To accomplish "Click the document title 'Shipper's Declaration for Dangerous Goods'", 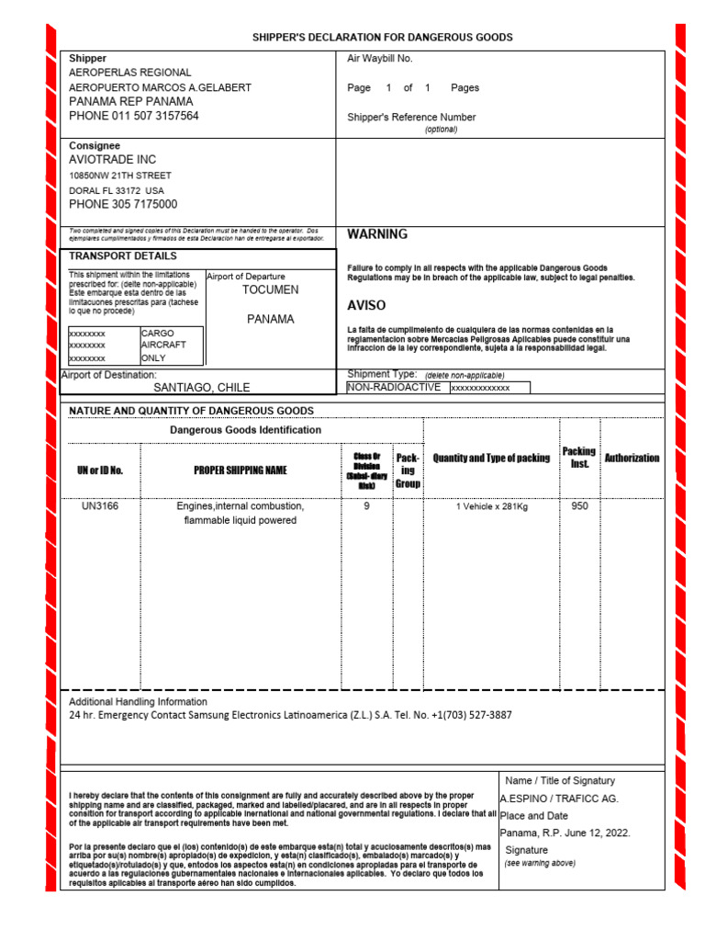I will [x=383, y=37].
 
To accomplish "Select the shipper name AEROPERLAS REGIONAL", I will [x=130, y=73].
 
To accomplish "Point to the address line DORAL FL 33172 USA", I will [x=117, y=190].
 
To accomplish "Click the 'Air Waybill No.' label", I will [x=380, y=59].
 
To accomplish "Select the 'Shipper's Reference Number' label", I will [x=411, y=118].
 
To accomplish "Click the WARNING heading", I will [x=377, y=234].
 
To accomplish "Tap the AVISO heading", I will [x=366, y=305].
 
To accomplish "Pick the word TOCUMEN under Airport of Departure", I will [x=270, y=290].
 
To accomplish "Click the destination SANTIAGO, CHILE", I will [x=202, y=388].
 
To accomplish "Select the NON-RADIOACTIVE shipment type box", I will [x=394, y=388].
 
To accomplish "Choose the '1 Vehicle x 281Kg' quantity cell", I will [x=491, y=506].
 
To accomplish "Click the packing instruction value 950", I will [x=579, y=506].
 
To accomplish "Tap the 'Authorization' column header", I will [x=632, y=458].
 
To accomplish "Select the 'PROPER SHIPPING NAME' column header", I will [x=240, y=470].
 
